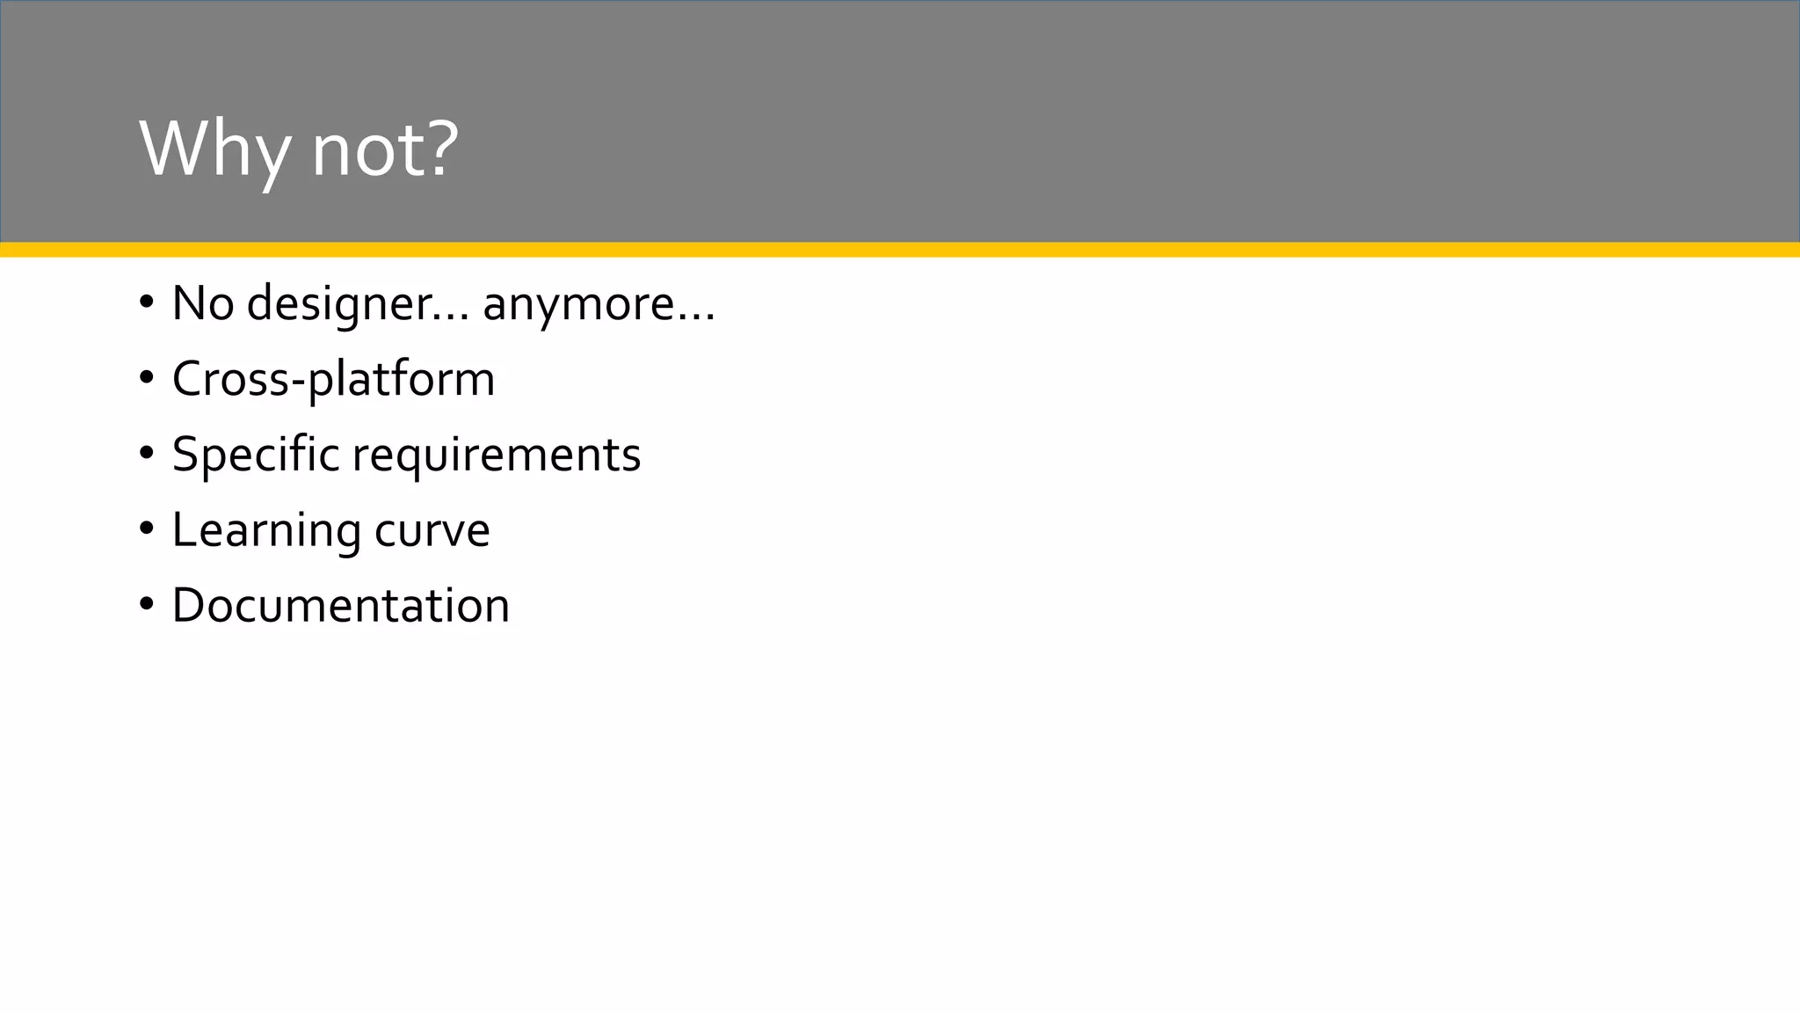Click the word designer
point(338,304)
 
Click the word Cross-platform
point(333,380)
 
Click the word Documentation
point(340,606)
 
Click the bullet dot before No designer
point(146,302)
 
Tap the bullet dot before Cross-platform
point(146,378)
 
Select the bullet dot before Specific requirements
point(146,454)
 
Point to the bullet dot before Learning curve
point(146,529)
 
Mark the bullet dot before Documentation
point(146,605)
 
